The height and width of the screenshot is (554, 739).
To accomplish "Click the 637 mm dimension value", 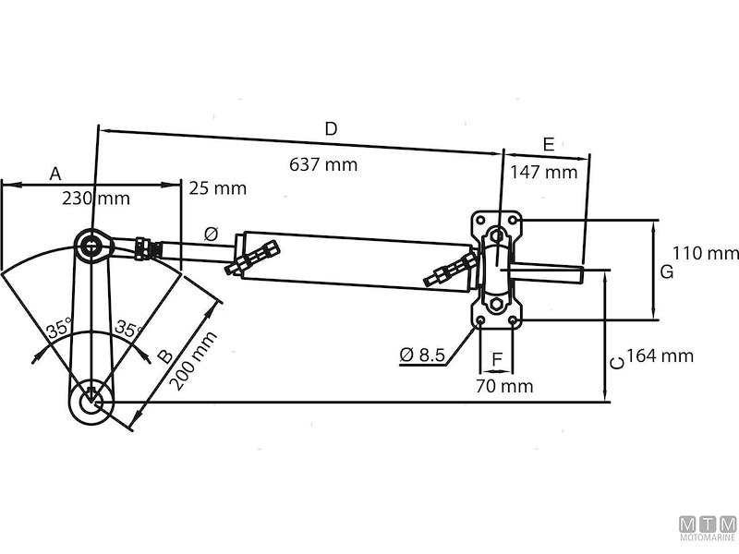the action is click(x=323, y=164).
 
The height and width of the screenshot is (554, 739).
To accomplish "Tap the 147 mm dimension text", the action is click(x=544, y=173).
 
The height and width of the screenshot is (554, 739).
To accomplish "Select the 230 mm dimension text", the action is click(x=96, y=199).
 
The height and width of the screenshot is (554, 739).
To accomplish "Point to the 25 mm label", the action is click(x=218, y=188).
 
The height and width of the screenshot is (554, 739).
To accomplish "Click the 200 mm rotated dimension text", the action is click(x=193, y=361).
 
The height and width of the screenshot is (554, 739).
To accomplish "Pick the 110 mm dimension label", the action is click(x=706, y=253).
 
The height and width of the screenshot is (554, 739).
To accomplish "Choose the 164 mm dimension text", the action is click(x=660, y=355).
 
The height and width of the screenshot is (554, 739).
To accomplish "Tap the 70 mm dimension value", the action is click(x=504, y=386).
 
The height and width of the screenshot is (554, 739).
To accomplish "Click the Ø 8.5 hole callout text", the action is click(x=422, y=355).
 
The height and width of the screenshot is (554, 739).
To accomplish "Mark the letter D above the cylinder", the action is click(x=332, y=128).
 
